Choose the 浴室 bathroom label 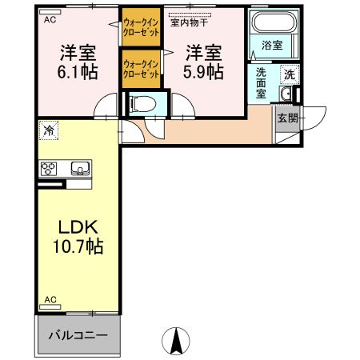271,46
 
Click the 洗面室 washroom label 262,83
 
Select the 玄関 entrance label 287,118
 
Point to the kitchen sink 80,168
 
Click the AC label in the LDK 50,300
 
